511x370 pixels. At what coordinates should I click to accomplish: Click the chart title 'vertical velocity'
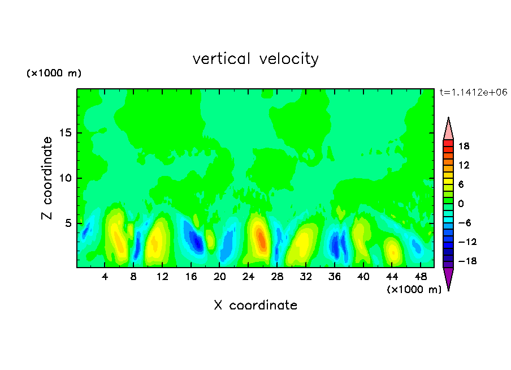[x=255, y=59]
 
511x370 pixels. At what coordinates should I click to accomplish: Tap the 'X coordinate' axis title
[x=255, y=305]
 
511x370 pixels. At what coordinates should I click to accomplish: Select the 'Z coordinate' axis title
[x=47, y=178]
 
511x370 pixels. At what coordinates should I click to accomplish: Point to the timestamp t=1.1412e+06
[x=473, y=92]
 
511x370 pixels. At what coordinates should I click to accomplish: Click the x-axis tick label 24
[x=248, y=277]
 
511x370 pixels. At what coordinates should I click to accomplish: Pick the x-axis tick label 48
[x=421, y=277]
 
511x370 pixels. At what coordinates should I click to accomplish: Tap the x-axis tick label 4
[x=105, y=277]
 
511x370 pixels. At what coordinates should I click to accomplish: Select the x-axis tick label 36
[x=335, y=277]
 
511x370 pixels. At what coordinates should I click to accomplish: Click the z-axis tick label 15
[x=66, y=133]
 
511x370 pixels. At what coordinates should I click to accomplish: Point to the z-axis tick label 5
[x=68, y=223]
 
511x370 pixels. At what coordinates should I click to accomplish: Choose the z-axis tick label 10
[x=66, y=178]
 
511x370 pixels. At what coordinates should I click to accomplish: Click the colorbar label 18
[x=464, y=146]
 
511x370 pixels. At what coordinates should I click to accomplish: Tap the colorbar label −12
[x=467, y=242]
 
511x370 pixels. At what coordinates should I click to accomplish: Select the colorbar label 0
[x=461, y=204]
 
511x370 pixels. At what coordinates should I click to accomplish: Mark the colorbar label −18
[x=467, y=261]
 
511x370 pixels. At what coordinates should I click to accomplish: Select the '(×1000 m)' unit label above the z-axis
[x=54, y=73]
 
